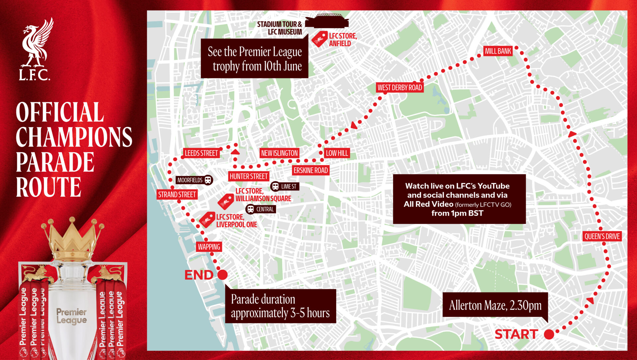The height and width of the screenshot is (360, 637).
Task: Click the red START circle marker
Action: [549, 334]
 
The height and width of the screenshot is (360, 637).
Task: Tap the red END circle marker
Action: [223, 275]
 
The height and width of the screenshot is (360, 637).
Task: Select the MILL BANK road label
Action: [498, 51]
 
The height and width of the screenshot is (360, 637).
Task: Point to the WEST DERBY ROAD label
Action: [400, 88]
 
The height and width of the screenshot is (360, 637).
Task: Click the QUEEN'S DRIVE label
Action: [602, 237]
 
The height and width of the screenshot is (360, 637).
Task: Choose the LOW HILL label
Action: [337, 153]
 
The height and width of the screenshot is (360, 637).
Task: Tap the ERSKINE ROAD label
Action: [311, 171]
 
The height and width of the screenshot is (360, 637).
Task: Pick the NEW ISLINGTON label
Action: [279, 153]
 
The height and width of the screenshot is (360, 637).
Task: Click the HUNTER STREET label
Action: [248, 177]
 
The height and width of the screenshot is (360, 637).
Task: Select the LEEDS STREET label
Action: [201, 153]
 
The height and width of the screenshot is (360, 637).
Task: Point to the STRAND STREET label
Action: [177, 195]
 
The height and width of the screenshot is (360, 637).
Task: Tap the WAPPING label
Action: [209, 247]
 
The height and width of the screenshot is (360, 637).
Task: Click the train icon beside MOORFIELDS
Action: [208, 180]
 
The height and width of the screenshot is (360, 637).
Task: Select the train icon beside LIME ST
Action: [275, 186]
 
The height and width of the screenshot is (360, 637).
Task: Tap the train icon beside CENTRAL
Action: [250, 209]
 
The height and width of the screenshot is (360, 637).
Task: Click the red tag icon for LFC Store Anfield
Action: [319, 39]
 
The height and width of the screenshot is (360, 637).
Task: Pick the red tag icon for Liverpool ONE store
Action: [207, 220]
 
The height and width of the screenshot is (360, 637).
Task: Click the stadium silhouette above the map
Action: [327, 21]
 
